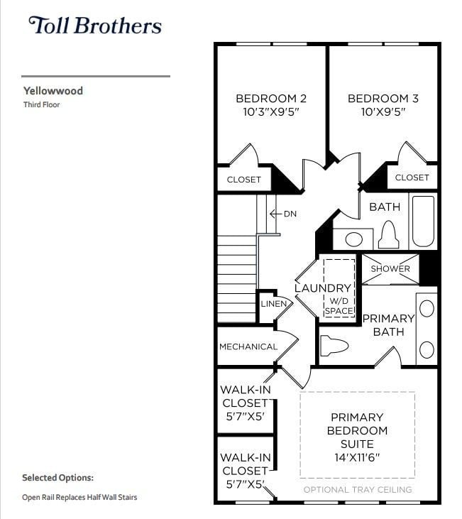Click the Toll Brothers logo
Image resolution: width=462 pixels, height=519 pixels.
94,26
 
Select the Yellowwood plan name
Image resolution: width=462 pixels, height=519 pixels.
53,91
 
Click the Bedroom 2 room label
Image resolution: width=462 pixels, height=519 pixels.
271,99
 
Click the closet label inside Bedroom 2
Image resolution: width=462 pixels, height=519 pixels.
244,180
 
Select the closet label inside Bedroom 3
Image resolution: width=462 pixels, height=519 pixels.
412,177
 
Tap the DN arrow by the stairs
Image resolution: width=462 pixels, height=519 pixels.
283,214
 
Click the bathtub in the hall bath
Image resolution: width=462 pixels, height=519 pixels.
423,221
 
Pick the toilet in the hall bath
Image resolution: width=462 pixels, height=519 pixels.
388,235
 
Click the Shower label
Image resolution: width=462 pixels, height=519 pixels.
390,269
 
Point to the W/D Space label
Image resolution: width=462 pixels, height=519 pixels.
339,306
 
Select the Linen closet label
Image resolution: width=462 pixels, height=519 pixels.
273,304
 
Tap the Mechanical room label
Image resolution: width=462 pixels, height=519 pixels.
248,346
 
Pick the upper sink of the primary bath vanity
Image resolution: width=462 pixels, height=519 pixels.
427,309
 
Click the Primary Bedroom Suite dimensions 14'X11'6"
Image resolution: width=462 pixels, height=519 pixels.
357,457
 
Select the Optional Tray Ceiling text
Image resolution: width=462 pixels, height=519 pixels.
357,490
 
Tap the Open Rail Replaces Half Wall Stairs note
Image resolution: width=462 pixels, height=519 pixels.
79,497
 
